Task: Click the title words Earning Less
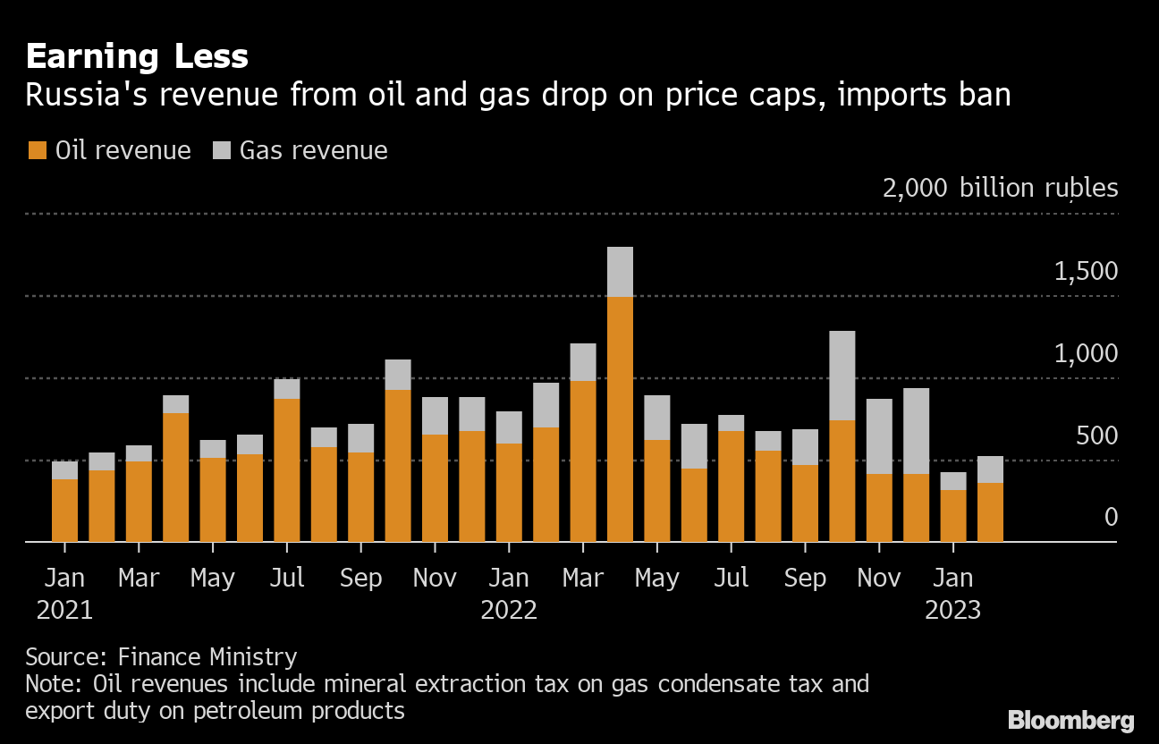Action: coord(137,56)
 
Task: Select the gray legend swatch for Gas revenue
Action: coord(221,150)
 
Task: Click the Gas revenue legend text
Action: coord(313,150)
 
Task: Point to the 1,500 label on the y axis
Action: coord(1086,272)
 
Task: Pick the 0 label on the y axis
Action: coord(1111,518)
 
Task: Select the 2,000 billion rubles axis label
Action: coord(1000,188)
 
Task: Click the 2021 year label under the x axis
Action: coord(64,611)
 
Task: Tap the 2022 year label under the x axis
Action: coord(509,611)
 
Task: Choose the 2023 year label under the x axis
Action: coord(952,611)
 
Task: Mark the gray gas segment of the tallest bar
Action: coord(620,272)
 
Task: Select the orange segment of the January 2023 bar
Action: coord(953,516)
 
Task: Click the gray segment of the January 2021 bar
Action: coord(64,470)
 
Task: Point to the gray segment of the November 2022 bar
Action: coord(879,436)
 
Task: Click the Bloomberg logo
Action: coord(1070,721)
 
